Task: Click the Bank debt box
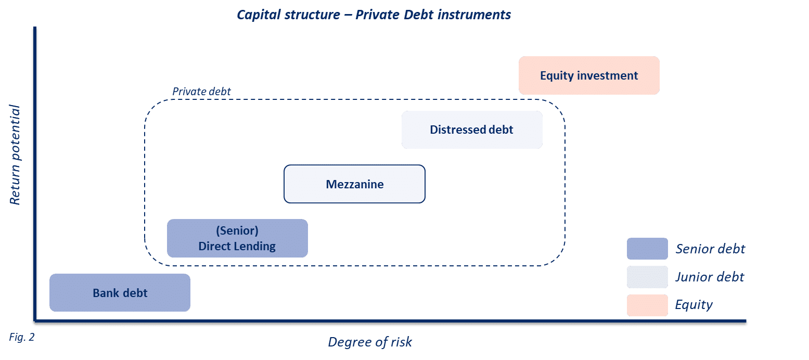[x=120, y=293]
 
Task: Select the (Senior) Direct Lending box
[x=237, y=238]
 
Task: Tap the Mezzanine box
[x=354, y=184]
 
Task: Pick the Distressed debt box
[x=472, y=130]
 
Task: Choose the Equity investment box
[x=589, y=75]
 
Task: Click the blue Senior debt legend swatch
[x=647, y=249]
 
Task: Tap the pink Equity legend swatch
[x=647, y=305]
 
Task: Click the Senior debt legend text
[x=710, y=249]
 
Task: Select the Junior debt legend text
[x=710, y=277]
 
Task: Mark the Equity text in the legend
[x=694, y=305]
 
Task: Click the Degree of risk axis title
[x=370, y=342]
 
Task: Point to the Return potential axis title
[x=16, y=155]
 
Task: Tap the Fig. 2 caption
[x=22, y=337]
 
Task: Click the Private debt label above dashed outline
[x=201, y=92]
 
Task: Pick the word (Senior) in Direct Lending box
[x=237, y=230]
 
